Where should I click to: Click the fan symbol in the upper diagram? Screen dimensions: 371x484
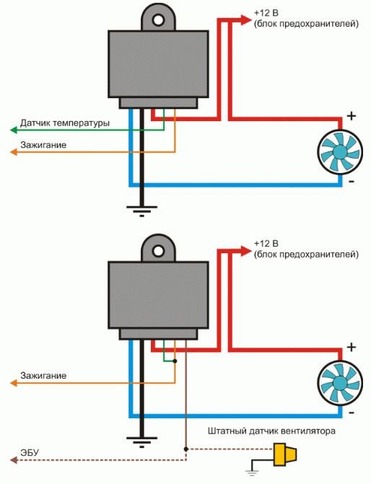click(340, 152)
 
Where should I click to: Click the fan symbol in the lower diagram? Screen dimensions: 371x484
click(340, 383)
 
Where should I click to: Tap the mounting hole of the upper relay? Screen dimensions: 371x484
click(159, 20)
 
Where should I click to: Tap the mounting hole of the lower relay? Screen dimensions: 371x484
click(159, 251)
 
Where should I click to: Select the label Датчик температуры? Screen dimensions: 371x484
click(64, 123)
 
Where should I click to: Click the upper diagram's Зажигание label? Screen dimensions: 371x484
click(43, 145)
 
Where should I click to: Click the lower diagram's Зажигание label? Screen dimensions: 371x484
click(43, 376)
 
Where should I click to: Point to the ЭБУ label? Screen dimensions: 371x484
click(30, 453)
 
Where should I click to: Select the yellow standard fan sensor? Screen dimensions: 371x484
click(285, 454)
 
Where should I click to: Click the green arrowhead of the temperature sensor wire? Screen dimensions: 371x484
click(13, 130)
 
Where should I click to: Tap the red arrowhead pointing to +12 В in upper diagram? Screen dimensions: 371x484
click(246, 20)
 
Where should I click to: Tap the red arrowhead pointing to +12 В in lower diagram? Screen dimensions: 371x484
click(246, 251)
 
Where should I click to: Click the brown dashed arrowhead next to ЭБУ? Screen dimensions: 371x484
click(13, 460)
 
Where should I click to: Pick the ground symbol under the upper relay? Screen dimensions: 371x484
click(141, 211)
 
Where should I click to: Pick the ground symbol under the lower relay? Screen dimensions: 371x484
click(141, 442)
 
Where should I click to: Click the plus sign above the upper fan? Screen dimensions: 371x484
click(352, 116)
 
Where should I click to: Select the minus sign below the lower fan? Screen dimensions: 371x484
click(352, 413)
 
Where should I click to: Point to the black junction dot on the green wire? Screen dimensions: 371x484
click(175, 361)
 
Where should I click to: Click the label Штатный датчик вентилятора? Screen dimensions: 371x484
click(271, 431)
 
